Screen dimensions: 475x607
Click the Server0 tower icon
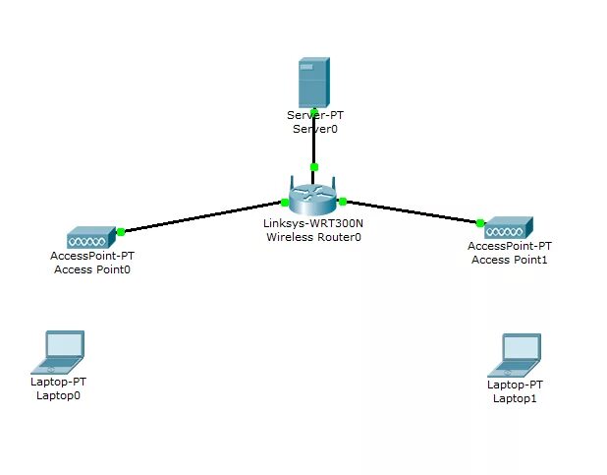click(313, 83)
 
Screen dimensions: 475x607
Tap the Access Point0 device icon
click(90, 238)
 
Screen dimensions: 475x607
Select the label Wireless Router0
click(307, 236)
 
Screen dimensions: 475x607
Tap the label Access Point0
click(91, 269)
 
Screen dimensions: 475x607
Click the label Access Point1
click(510, 260)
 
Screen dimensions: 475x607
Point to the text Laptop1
click(516, 398)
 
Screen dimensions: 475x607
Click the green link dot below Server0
click(313, 166)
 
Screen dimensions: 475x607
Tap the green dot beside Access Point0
click(121, 232)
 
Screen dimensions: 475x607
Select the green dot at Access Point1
click(480, 222)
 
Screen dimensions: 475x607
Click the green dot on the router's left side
click(284, 203)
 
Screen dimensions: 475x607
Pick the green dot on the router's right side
click(343, 202)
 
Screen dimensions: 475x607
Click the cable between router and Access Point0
click(201, 217)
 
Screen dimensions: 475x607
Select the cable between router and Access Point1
click(413, 212)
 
